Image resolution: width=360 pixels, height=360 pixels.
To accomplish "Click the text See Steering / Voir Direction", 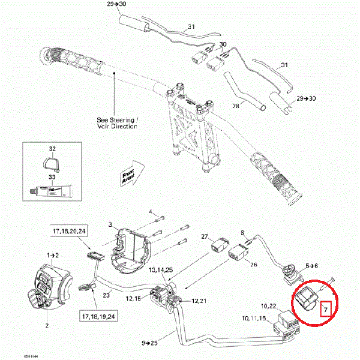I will (118, 123).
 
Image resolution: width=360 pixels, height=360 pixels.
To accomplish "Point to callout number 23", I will (107, 295).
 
